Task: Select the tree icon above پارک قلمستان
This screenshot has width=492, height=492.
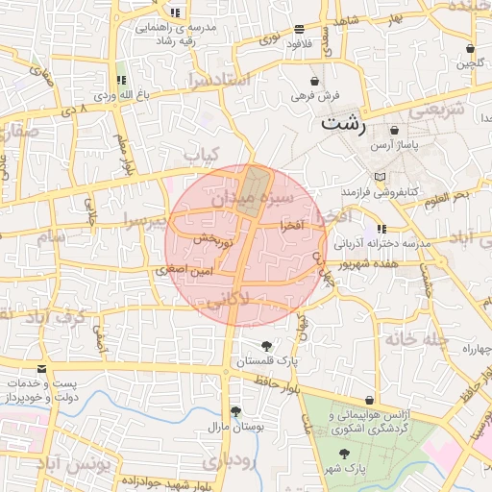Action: [x=267, y=346]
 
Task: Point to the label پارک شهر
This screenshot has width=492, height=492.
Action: [x=347, y=468]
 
